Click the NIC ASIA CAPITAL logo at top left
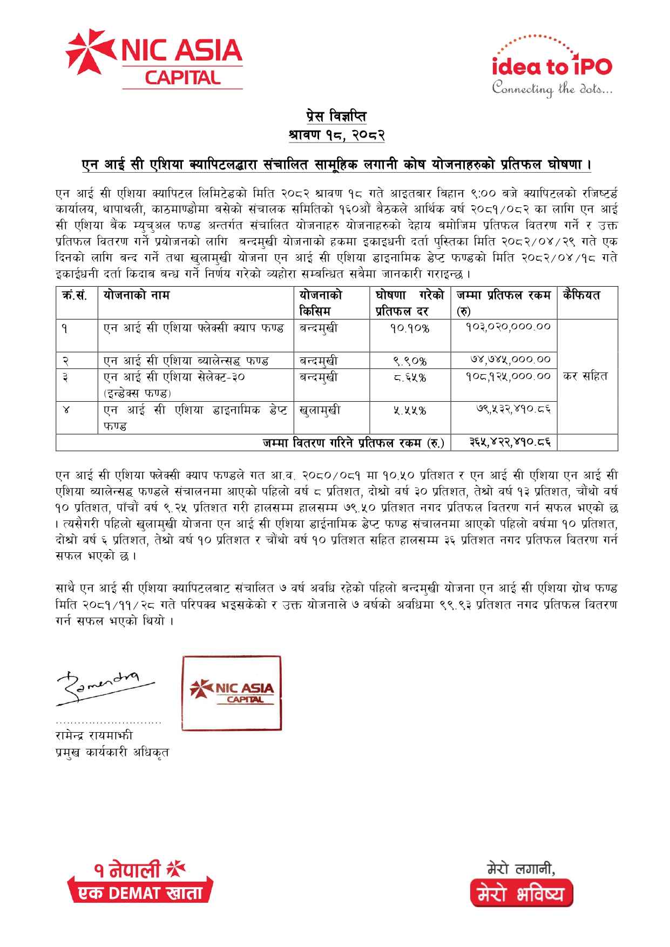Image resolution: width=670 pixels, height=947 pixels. pos(154,59)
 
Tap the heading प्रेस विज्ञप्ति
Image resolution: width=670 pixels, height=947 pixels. pos(336,116)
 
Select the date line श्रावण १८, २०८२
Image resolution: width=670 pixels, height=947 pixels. pos(336,134)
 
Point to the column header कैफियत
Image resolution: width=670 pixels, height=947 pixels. pos(581,295)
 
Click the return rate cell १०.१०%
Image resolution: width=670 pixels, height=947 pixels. pos(410,328)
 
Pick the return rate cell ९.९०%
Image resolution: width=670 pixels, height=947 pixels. pos(410,361)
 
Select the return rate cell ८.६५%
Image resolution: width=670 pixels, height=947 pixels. pos(410,377)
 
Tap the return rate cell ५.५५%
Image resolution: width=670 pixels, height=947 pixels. pos(410,410)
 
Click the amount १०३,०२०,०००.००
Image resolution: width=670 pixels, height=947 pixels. pos(508,327)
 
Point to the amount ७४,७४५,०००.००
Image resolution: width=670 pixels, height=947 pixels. pos(510,360)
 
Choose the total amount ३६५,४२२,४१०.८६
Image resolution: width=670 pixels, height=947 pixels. pos(510,442)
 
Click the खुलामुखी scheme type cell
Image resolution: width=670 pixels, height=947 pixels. pos(320,410)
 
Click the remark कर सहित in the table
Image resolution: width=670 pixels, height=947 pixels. pos(585,376)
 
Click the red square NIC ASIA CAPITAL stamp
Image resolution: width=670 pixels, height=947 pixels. pos(232,693)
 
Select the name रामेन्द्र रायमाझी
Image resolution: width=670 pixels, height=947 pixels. pos(94,735)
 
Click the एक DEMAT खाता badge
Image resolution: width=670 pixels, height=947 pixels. pos(140,893)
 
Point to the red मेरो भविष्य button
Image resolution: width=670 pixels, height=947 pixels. pos(521,895)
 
